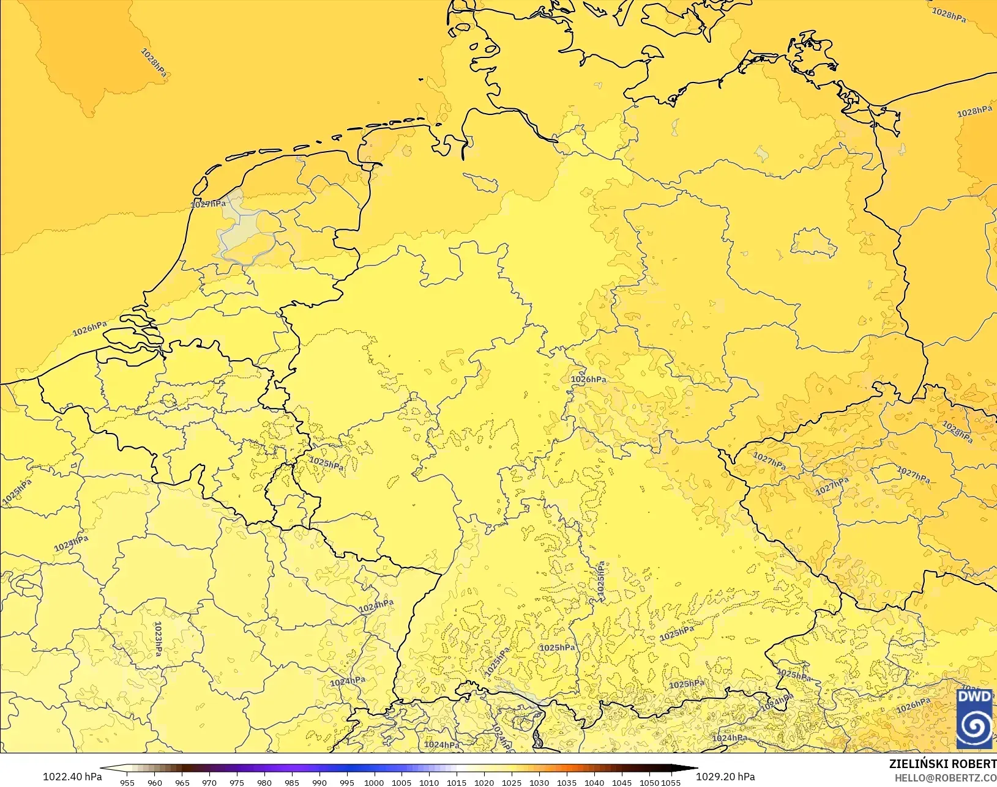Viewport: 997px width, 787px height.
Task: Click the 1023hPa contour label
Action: click(x=158, y=638)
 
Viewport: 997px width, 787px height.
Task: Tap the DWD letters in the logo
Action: click(x=974, y=697)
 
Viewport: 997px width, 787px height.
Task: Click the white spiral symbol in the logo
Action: click(x=974, y=727)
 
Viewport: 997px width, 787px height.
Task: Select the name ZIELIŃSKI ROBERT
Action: click(x=943, y=764)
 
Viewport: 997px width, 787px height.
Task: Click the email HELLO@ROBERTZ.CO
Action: click(x=946, y=778)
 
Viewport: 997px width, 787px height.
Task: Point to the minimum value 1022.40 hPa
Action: click(x=72, y=777)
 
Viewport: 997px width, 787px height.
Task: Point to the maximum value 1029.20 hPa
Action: click(x=725, y=777)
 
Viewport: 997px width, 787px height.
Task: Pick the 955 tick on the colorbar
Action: click(x=127, y=782)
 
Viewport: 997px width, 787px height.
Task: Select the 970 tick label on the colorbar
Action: click(x=209, y=782)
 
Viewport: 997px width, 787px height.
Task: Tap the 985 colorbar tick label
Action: click(x=292, y=782)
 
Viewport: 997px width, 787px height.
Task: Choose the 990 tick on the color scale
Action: click(x=319, y=782)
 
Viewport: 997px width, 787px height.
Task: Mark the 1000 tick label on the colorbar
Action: click(x=374, y=782)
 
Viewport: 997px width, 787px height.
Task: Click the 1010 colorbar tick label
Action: click(x=429, y=782)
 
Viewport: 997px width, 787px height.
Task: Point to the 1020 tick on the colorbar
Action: click(x=484, y=782)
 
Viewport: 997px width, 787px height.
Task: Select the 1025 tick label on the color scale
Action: click(x=512, y=782)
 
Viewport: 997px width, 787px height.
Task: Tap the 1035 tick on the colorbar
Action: click(x=567, y=782)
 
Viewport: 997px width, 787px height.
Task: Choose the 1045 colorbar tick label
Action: click(x=622, y=782)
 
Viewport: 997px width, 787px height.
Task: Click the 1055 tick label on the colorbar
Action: click(x=671, y=782)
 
